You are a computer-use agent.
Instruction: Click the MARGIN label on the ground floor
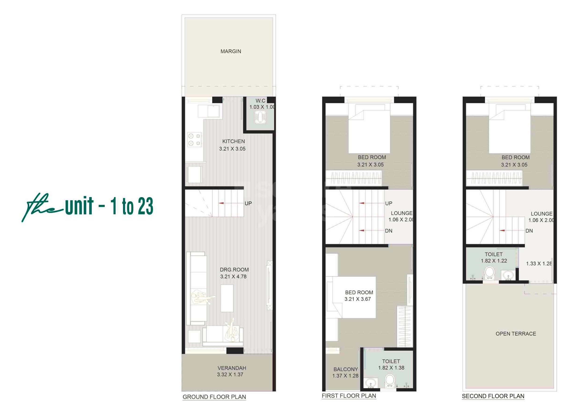(230, 51)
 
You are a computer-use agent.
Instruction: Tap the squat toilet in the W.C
(260, 118)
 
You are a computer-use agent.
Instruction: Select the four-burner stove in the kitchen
(194, 139)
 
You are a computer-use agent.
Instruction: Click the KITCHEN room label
(233, 141)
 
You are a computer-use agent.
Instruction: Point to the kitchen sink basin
(213, 111)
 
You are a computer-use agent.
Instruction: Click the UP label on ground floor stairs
(248, 203)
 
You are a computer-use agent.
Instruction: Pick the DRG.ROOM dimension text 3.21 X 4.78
(233, 277)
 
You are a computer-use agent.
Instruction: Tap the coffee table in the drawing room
(227, 298)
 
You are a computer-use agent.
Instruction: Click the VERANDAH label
(232, 368)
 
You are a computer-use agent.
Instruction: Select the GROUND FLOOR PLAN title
(214, 397)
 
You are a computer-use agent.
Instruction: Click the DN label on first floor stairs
(389, 231)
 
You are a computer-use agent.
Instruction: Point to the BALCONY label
(346, 369)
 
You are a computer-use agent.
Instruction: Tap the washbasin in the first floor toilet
(370, 383)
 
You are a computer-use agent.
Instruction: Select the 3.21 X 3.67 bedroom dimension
(358, 299)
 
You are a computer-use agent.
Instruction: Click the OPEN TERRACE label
(516, 334)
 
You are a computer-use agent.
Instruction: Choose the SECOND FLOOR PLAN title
(493, 396)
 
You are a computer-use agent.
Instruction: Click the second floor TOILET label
(494, 254)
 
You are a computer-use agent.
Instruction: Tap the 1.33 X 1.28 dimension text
(539, 264)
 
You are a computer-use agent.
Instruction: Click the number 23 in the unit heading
(146, 206)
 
